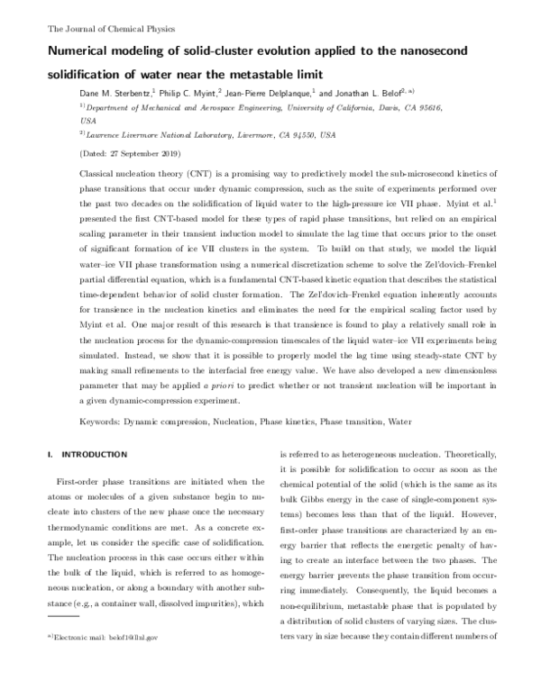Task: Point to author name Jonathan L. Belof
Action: click(x=371, y=93)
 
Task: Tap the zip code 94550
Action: click(x=306, y=135)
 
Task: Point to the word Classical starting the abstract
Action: click(x=100, y=171)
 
